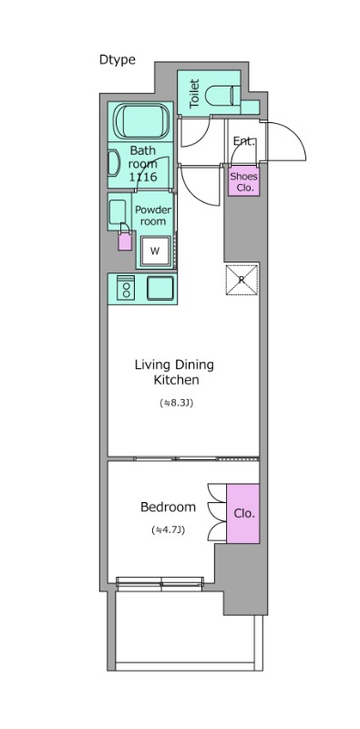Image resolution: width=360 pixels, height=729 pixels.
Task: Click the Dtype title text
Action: (118, 60)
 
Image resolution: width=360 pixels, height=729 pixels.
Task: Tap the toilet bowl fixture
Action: (222, 95)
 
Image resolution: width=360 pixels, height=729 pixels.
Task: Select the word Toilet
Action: (194, 94)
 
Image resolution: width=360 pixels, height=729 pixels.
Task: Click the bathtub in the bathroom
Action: (142, 121)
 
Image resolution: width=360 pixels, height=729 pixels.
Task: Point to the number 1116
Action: (143, 177)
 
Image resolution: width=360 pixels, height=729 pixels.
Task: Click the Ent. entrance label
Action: (244, 141)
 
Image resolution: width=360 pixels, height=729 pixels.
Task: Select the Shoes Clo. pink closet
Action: (243, 180)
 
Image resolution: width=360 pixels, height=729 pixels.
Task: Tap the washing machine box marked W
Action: (155, 252)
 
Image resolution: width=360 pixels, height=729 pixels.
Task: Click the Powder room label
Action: (153, 215)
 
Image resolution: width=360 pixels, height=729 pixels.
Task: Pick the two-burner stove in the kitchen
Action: (126, 288)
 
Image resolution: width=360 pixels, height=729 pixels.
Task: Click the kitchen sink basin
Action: (160, 288)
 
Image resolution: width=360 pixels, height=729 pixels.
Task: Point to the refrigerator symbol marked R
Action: (242, 280)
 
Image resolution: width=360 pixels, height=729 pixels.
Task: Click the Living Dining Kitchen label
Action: (174, 372)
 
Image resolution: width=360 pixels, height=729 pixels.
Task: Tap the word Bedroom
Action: (168, 507)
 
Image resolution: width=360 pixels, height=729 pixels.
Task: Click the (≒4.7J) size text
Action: (169, 529)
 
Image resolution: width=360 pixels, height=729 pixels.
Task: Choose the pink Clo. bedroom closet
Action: (242, 513)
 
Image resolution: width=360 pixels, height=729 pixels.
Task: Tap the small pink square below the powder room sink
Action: (125, 241)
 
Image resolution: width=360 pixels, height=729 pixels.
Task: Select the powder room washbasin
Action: (118, 212)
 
